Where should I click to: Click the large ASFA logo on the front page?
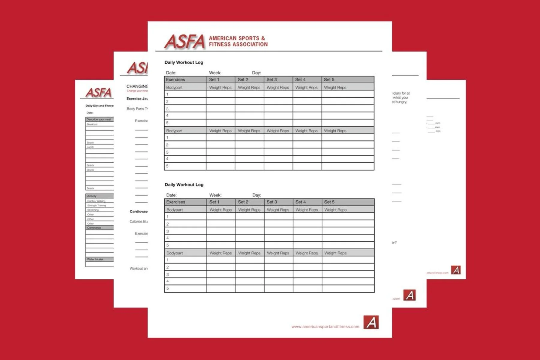184,41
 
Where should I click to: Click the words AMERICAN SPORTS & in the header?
237,38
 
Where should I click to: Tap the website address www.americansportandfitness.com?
325,327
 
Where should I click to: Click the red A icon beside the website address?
371,322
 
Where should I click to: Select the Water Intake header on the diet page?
95,259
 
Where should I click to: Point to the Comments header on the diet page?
94,228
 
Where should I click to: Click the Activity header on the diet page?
92,196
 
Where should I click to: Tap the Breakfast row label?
92,124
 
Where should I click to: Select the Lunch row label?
90,147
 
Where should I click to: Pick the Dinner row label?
91,170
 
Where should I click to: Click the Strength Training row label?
97,205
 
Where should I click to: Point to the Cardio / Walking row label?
96,201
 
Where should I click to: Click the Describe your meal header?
99,119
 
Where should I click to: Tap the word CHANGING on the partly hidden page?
137,86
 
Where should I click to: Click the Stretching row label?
93,210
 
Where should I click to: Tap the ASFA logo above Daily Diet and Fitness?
98,93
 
